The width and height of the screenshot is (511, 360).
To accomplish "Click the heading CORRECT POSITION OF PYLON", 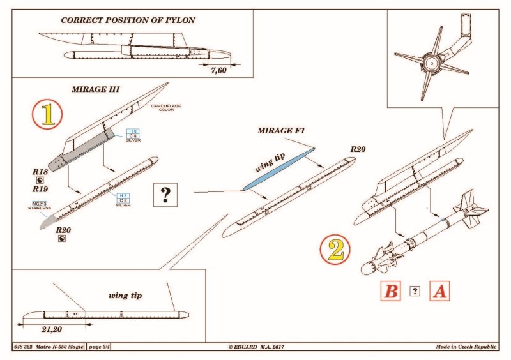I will point(128,20).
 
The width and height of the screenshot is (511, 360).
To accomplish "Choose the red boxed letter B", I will point(391,291).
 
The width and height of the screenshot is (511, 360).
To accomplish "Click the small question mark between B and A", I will point(415,291).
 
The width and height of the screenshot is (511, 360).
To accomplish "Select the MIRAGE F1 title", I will point(282,130).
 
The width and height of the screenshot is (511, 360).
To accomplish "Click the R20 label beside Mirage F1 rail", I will point(358,149).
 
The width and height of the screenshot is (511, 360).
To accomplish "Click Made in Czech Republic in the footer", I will point(465,347).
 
